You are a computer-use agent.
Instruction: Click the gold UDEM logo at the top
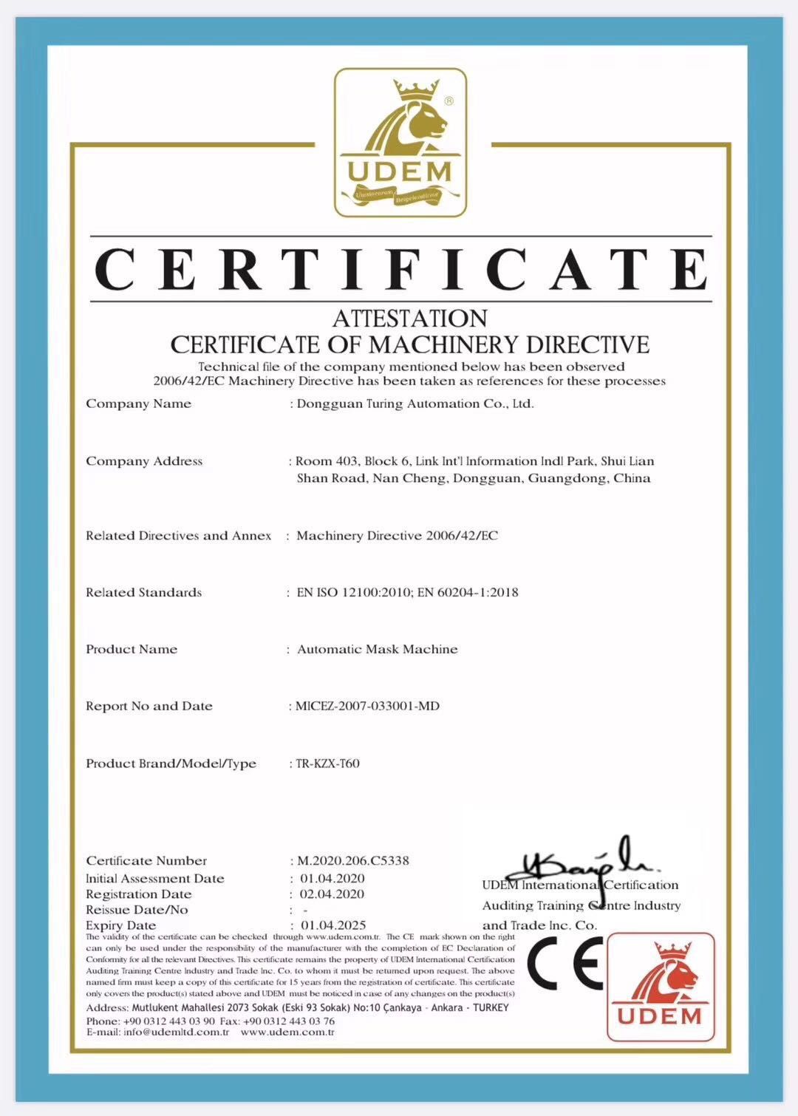click(x=400, y=143)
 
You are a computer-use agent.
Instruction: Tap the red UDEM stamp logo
click(x=660, y=987)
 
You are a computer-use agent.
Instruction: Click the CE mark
click(x=565, y=962)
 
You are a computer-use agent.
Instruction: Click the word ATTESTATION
click(x=409, y=319)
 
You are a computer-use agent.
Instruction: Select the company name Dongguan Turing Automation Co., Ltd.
click(x=415, y=404)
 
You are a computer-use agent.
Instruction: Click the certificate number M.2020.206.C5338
click(x=353, y=860)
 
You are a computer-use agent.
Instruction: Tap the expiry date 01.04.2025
click(x=332, y=925)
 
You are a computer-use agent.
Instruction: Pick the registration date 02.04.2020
click(x=332, y=894)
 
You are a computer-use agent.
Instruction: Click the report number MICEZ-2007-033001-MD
click(x=367, y=706)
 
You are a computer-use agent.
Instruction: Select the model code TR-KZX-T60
click(x=327, y=763)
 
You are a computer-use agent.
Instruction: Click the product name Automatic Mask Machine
click(x=377, y=649)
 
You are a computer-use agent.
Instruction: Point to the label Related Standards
click(x=143, y=592)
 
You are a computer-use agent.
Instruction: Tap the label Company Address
click(x=144, y=461)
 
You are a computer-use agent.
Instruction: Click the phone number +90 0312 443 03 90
click(x=168, y=1021)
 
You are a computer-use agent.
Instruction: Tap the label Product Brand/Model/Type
click(x=171, y=763)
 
